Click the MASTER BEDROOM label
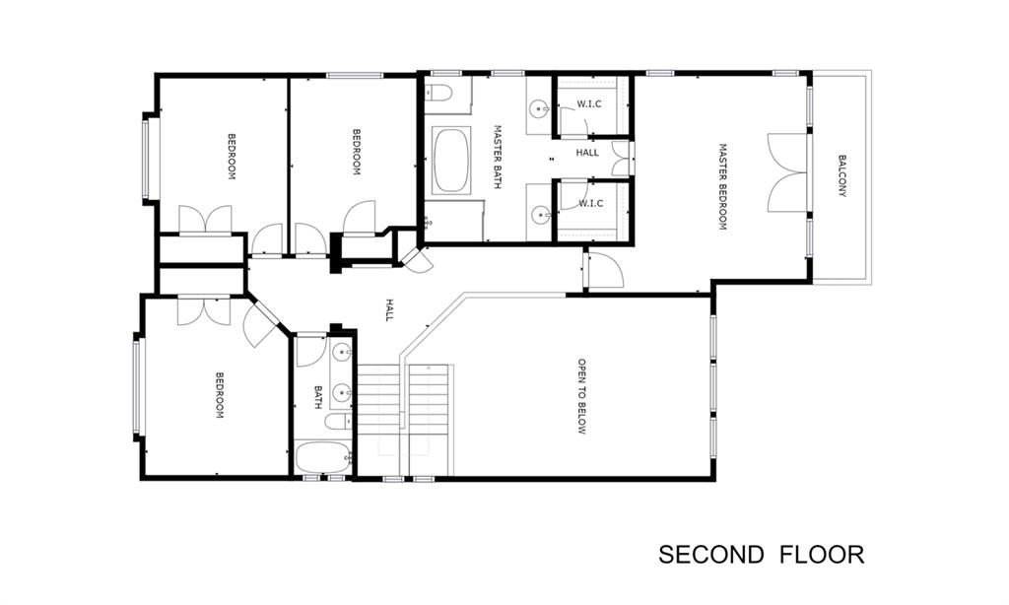point(722,186)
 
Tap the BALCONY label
point(841,175)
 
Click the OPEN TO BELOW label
point(581,396)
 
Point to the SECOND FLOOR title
point(762,554)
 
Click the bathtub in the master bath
point(451,161)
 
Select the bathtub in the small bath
point(323,457)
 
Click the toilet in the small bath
point(337,422)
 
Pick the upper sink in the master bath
point(539,109)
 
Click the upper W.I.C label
point(589,103)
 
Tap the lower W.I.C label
point(591,203)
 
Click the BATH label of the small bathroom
point(318,397)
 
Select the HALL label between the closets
point(587,153)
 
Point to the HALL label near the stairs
point(388,310)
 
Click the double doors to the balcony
point(787,172)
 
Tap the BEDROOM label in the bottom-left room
point(220,395)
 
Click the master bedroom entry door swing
point(605,270)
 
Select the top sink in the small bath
point(342,352)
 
